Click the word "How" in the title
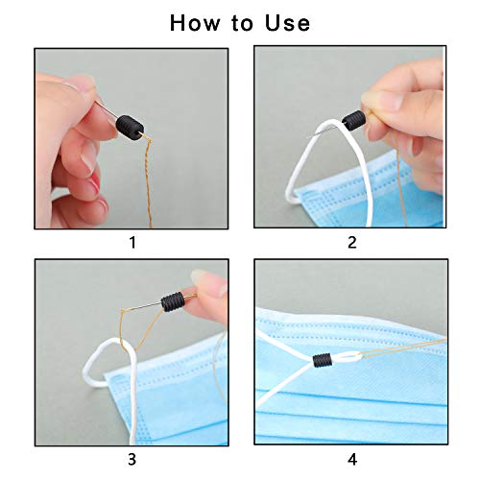point(195,23)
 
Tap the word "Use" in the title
point(288,23)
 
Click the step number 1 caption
point(132,243)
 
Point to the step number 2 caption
point(352,243)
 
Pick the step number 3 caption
point(132,460)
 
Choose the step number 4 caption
point(352,460)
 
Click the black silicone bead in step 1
point(130,128)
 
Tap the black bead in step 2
point(354,120)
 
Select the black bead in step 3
point(173,302)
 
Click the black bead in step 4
point(322,361)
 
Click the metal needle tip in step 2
point(309,137)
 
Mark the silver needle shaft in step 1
point(107,109)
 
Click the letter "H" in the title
point(178,23)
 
